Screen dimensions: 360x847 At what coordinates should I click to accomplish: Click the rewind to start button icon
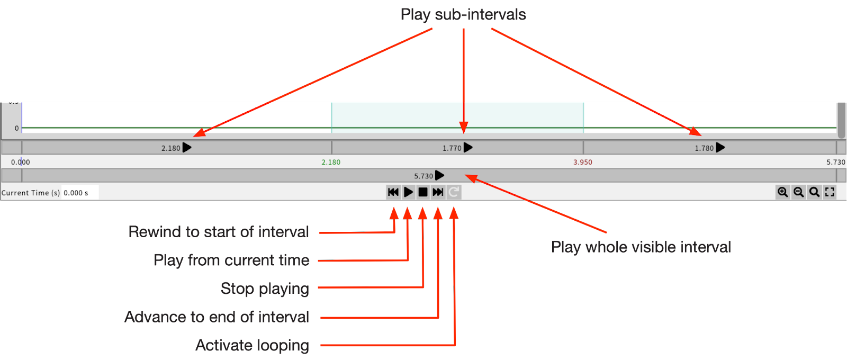pyautogui.click(x=393, y=192)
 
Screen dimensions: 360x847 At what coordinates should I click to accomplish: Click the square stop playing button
pyautogui.click(x=423, y=192)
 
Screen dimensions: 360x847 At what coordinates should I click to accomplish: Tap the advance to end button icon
pyautogui.click(x=438, y=192)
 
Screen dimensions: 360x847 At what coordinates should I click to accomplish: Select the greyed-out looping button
pyautogui.click(x=454, y=192)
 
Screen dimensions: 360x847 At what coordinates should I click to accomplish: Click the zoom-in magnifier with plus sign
pyautogui.click(x=782, y=192)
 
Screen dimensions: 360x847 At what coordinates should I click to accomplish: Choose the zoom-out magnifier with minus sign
pyautogui.click(x=798, y=192)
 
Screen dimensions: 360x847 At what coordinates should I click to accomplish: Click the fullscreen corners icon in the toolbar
pyautogui.click(x=830, y=192)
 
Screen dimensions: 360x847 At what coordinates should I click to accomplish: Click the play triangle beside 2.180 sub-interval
pyautogui.click(x=187, y=148)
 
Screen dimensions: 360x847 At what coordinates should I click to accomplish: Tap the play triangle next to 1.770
pyautogui.click(x=468, y=148)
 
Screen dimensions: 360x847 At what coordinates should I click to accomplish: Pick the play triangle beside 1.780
pyautogui.click(x=720, y=148)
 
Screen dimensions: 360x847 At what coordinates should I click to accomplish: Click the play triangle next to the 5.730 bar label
pyautogui.click(x=439, y=175)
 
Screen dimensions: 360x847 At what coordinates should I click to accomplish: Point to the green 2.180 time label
pyautogui.click(x=331, y=163)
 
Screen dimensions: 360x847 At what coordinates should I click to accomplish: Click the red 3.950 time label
pyautogui.click(x=582, y=163)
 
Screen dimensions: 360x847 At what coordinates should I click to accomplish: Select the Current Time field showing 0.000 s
pyautogui.click(x=79, y=193)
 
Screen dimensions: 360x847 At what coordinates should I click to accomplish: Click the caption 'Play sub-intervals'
pyautogui.click(x=463, y=14)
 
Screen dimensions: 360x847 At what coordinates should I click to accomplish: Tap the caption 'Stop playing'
pyautogui.click(x=265, y=289)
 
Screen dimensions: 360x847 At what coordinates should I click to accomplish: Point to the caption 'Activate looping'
pyautogui.click(x=252, y=345)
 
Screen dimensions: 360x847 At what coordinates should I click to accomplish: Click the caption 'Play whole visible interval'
pyautogui.click(x=641, y=247)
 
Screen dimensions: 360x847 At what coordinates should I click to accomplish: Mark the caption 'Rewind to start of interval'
pyautogui.click(x=218, y=232)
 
